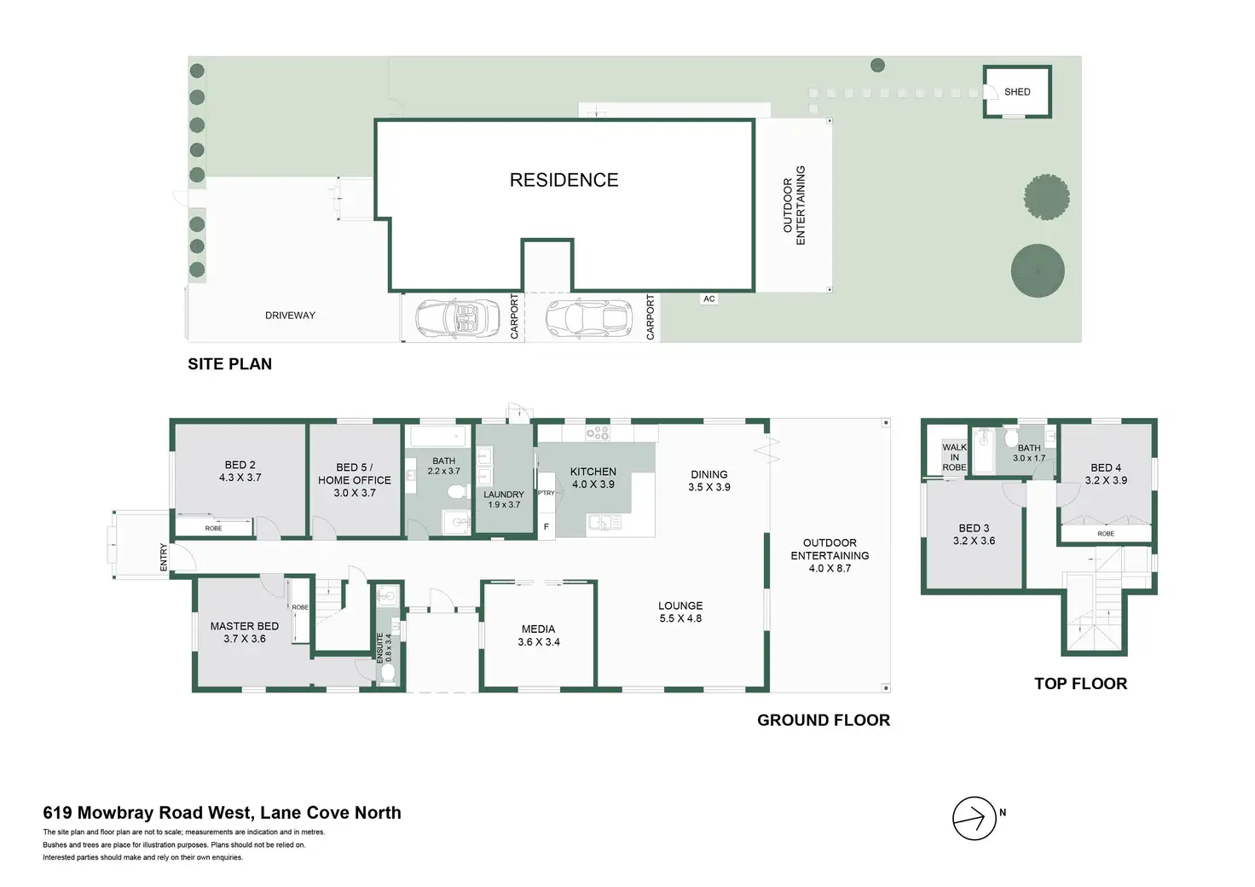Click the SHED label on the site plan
point(1017,92)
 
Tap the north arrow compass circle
point(974,819)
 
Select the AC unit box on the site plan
point(709,299)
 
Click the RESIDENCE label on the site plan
point(564,180)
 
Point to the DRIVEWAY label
point(290,316)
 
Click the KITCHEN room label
point(593,472)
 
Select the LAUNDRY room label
point(503,495)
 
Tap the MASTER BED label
point(244,626)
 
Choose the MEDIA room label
point(538,629)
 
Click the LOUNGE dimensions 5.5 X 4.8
point(680,618)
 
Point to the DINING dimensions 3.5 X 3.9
point(709,487)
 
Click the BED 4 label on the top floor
point(1106,467)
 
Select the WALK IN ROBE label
point(954,457)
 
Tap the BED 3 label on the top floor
point(974,528)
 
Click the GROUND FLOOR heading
point(823,721)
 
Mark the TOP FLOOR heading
point(1080,684)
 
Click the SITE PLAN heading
point(229,364)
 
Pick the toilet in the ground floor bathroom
point(456,492)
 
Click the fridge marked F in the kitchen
point(547,527)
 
